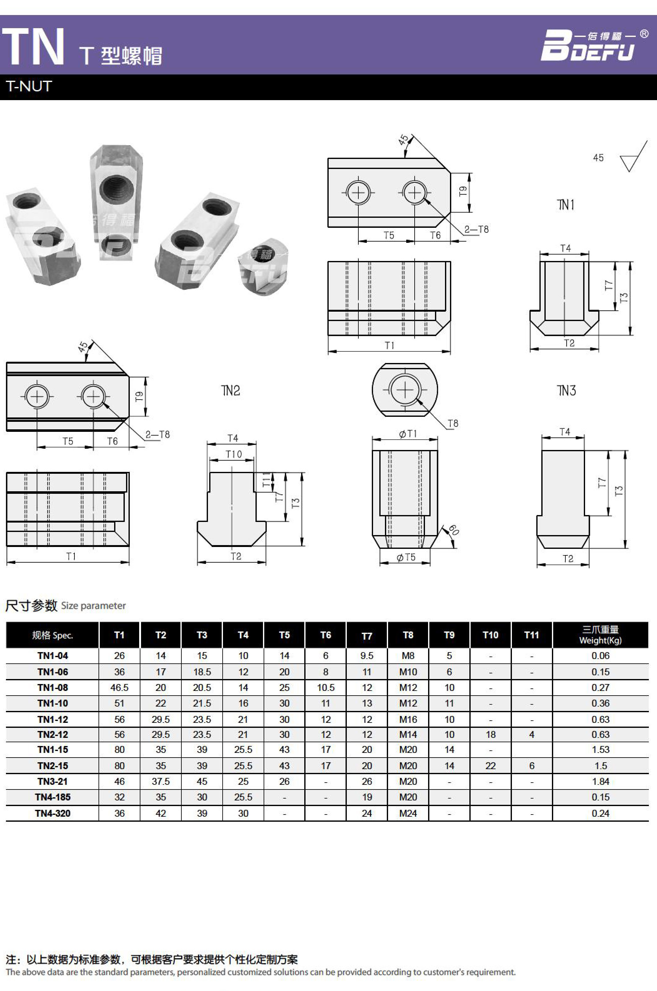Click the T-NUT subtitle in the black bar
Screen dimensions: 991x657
pos(29,86)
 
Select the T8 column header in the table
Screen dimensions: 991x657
pos(408,635)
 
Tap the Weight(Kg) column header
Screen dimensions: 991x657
pos(600,635)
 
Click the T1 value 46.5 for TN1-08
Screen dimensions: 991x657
pos(119,687)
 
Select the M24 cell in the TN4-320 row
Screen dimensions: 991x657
pos(408,813)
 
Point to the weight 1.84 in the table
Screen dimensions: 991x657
pos(600,781)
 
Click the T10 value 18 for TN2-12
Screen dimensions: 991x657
pos(490,734)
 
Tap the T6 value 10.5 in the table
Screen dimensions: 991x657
pos(326,687)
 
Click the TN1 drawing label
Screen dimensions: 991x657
pos(566,205)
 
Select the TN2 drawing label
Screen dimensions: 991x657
pos(230,391)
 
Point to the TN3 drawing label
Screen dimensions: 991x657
pos(566,391)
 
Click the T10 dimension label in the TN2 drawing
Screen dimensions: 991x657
pos(233,454)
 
